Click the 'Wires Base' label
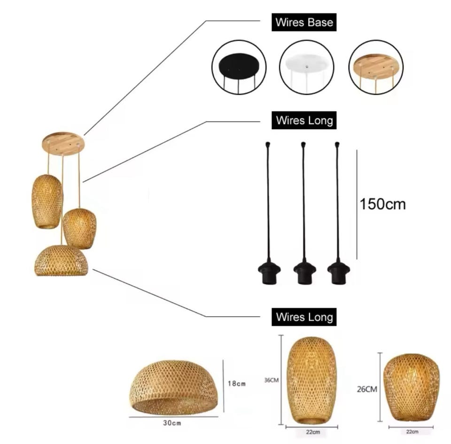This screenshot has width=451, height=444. coord(304,22)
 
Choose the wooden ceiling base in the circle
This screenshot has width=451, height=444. coord(376,66)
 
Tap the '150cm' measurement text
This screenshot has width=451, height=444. coord(382,204)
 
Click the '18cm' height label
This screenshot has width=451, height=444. coord(237,383)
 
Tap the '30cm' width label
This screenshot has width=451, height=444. coord(172,423)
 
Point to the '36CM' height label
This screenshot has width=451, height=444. coord(271,380)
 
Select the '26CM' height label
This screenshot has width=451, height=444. coord(367,389)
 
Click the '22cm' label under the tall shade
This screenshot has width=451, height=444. coord(313,432)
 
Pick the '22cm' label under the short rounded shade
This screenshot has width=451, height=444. coord(412,431)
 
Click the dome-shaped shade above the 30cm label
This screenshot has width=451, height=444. coord(173,387)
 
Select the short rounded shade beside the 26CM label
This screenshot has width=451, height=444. coord(412,387)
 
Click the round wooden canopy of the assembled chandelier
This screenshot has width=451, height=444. coord(63,144)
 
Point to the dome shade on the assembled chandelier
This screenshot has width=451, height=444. coord(61,260)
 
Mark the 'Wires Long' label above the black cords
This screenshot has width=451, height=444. coord(304,120)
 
